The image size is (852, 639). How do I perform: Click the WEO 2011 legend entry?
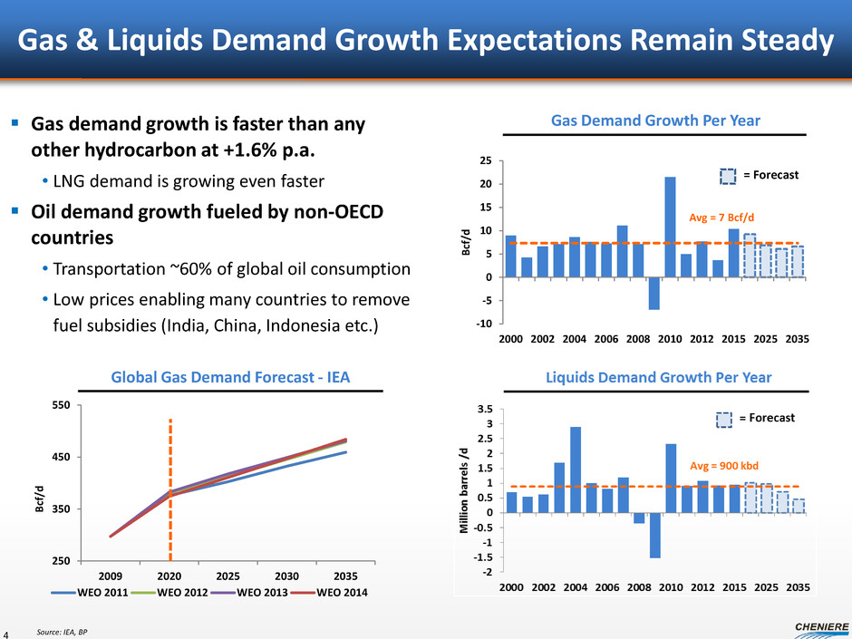click(126, 593)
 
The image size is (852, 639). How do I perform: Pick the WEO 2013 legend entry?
click(271, 593)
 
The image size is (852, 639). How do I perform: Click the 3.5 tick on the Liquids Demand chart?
click(486, 410)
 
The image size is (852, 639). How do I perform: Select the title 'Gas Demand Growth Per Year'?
click(656, 121)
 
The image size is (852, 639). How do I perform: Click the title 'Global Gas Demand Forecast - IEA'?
click(230, 376)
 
